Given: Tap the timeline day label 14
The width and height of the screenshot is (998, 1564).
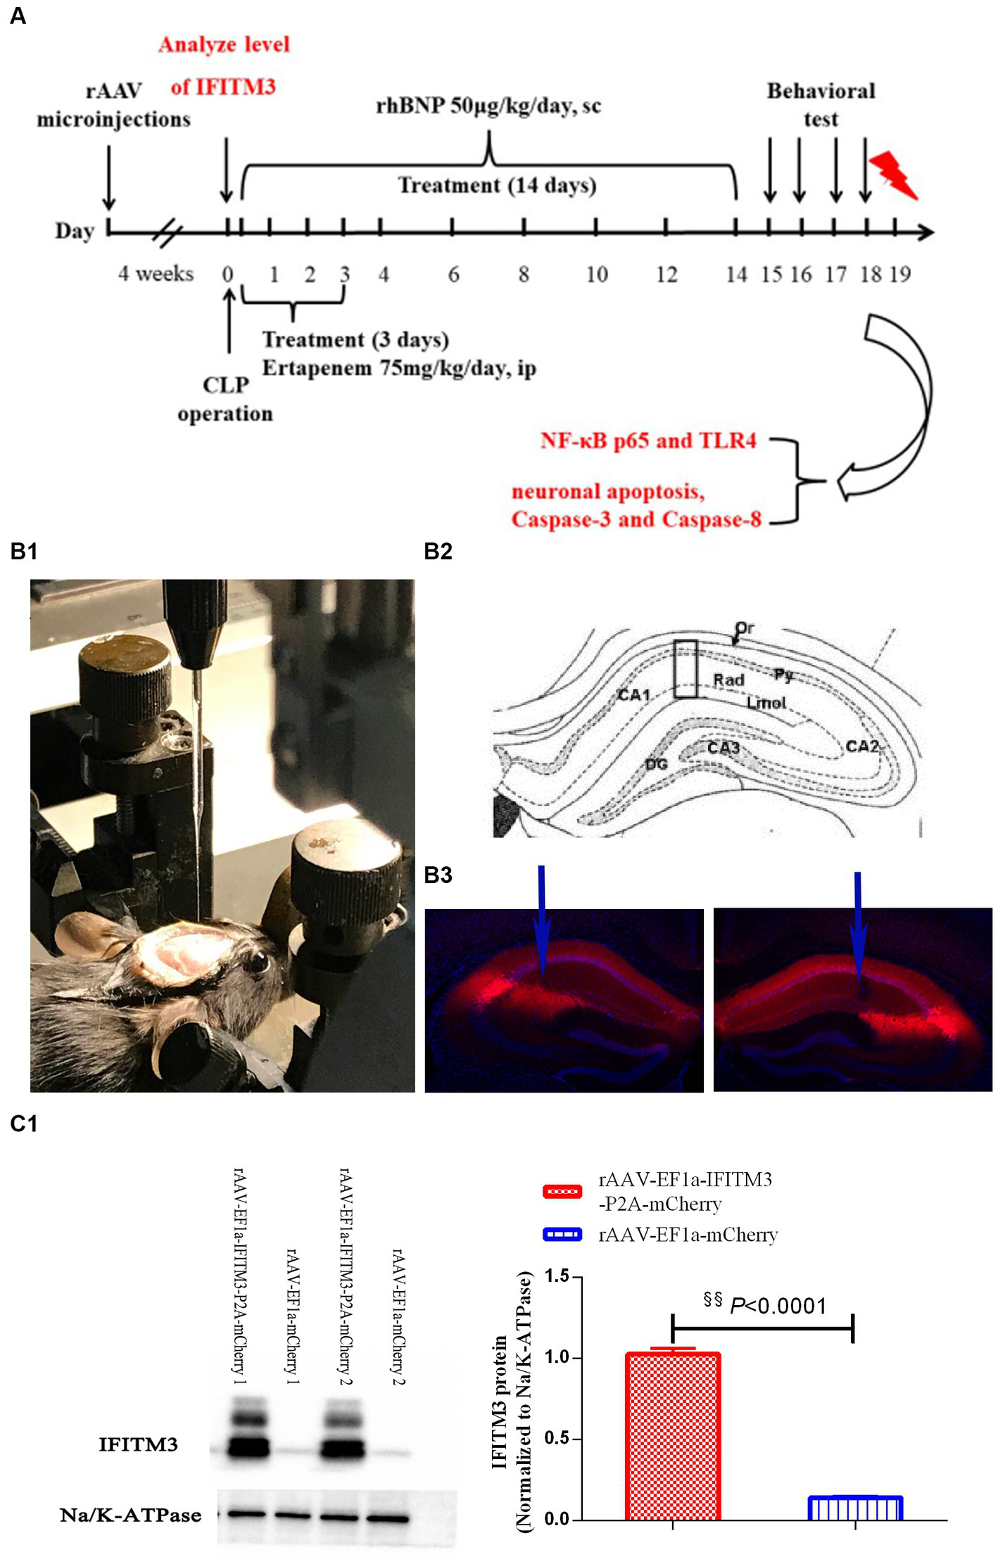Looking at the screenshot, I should (736, 274).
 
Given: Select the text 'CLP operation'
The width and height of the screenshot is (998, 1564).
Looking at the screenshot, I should (225, 399).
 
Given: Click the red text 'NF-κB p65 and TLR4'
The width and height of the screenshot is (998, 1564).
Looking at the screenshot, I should (648, 441).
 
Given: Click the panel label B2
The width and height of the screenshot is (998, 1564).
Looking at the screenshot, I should (438, 552).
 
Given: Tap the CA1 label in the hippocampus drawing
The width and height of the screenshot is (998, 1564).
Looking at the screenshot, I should (633, 695).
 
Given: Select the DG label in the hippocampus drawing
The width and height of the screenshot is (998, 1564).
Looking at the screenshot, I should (656, 763).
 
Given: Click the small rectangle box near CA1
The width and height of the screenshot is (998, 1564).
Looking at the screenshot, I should (686, 668).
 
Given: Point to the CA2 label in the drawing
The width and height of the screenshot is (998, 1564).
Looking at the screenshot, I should (862, 746).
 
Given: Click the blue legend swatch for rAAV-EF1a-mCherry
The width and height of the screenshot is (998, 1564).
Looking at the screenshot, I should (562, 1234).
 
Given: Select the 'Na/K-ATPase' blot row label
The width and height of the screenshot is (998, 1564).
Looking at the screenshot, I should (131, 1515).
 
